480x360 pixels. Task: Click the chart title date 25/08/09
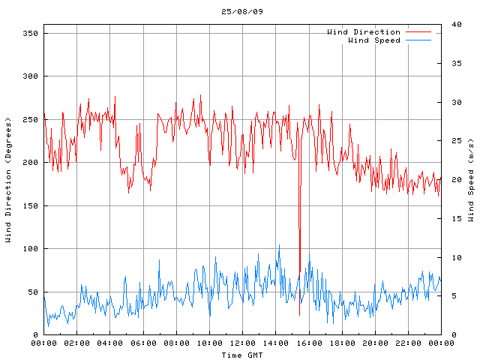coord(242,12)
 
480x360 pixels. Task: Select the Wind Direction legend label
coord(363,32)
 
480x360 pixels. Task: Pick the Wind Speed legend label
coord(373,40)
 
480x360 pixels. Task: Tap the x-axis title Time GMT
coord(242,354)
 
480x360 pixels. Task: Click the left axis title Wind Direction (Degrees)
coord(8,180)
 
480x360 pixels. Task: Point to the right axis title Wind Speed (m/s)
coord(471,180)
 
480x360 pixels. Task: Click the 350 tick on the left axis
coord(31,33)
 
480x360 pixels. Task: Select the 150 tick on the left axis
coord(31,205)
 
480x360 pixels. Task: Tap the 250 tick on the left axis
coord(31,119)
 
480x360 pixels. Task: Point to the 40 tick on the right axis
coord(456,25)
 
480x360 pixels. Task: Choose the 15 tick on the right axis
coord(456,218)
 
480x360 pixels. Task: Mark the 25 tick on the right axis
coord(456,141)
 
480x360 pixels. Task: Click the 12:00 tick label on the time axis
coord(242,343)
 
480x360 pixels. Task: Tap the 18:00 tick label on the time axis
coord(342,343)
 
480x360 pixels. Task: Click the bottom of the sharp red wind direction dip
coord(300,271)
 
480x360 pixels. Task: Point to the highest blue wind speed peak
coord(279,245)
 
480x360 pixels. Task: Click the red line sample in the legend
coord(418,32)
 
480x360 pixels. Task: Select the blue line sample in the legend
coord(418,40)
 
